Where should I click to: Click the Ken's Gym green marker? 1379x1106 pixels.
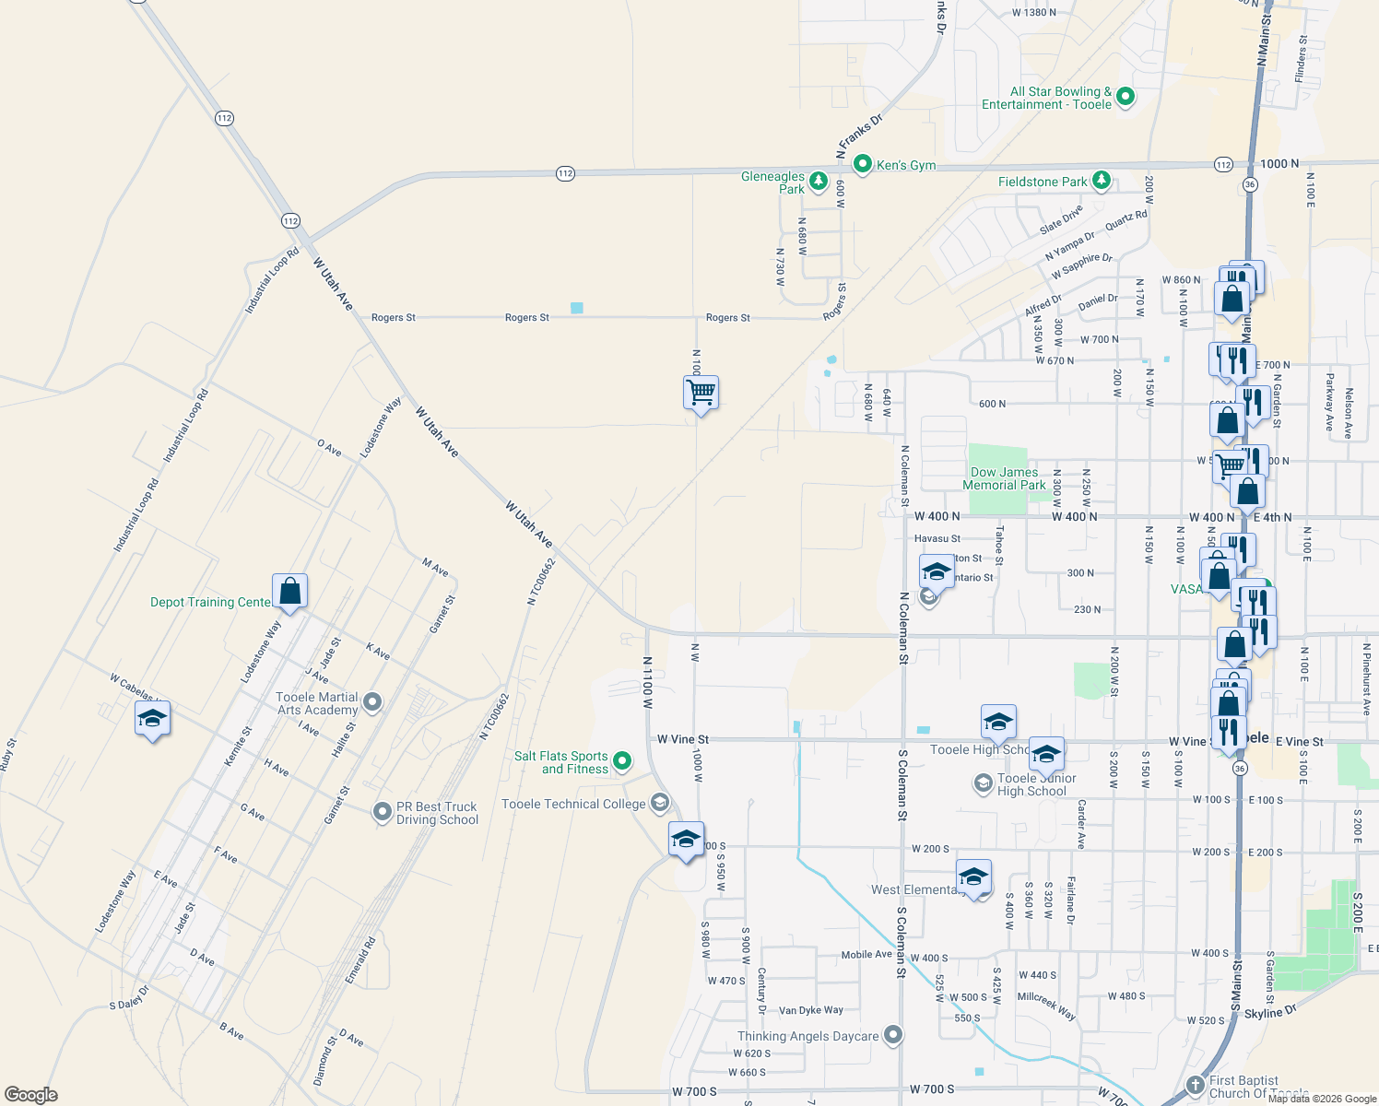click(x=863, y=164)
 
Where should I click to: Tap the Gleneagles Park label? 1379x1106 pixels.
click(x=773, y=182)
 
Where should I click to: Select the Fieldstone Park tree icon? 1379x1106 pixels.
click(x=1102, y=181)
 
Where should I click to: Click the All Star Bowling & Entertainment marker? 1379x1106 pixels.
click(x=1125, y=96)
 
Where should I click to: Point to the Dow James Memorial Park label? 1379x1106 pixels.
click(x=1004, y=478)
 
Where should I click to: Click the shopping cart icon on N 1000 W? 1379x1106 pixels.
click(x=701, y=392)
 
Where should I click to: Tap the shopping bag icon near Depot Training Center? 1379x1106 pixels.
click(x=289, y=591)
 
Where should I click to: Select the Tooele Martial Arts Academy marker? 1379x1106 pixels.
click(x=372, y=703)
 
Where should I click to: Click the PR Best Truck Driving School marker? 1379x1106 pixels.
click(x=382, y=812)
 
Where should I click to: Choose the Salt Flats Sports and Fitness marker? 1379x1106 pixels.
click(x=622, y=761)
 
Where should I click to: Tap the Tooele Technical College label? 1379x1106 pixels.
click(x=573, y=804)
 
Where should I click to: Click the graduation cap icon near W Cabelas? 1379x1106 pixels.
click(x=152, y=718)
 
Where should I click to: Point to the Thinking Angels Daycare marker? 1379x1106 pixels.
click(x=893, y=1035)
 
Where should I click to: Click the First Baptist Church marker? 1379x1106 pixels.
click(x=1196, y=1085)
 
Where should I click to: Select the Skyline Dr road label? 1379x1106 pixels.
click(x=1269, y=1012)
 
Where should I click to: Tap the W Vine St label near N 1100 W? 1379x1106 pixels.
click(x=683, y=739)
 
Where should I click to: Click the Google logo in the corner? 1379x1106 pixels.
click(x=30, y=1095)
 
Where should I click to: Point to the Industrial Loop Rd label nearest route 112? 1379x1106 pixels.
click(x=272, y=280)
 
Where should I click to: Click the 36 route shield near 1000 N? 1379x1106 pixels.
click(x=1250, y=184)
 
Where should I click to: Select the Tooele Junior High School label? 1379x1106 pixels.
click(x=1036, y=784)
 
